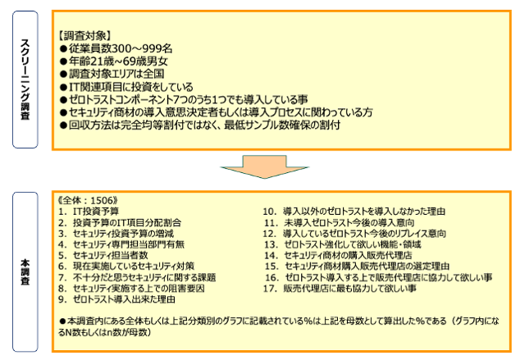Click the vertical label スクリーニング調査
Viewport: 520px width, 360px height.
pyautogui.click(x=25, y=80)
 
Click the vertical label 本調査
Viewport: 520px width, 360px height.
pyautogui.click(x=25, y=272)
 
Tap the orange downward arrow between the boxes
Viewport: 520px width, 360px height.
pyautogui.click(x=265, y=166)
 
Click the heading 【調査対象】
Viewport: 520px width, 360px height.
pyautogui.click(x=84, y=35)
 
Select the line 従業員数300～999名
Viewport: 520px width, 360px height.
pyautogui.click(x=116, y=48)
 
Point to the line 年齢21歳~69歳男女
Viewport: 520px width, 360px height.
pyautogui.click(x=114, y=62)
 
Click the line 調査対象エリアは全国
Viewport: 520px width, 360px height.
pyautogui.click(x=112, y=74)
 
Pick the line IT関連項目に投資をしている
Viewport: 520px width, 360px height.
pyautogui.click(x=126, y=87)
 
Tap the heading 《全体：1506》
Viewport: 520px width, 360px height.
pyautogui.click(x=88, y=201)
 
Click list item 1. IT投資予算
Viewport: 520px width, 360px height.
pyautogui.click(x=89, y=212)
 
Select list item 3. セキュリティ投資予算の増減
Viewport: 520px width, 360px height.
pyautogui.click(x=116, y=234)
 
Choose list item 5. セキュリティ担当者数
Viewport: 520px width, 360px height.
pyautogui.click(x=103, y=256)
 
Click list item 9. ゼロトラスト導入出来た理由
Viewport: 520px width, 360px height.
pyautogui.click(x=116, y=299)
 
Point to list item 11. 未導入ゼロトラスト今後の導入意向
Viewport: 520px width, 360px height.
pyautogui.click(x=340, y=222)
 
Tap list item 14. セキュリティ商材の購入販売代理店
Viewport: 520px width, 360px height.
pyautogui.click(x=338, y=256)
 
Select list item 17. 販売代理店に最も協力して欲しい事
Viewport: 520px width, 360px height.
pyautogui.click(x=340, y=289)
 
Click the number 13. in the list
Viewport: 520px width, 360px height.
pyautogui.click(x=271, y=244)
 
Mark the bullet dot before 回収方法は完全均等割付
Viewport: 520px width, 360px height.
pyautogui.click(x=63, y=125)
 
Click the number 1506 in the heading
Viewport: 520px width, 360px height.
pyautogui.click(x=102, y=201)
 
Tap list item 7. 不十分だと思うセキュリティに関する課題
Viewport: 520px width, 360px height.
pyautogui.click(x=137, y=277)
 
